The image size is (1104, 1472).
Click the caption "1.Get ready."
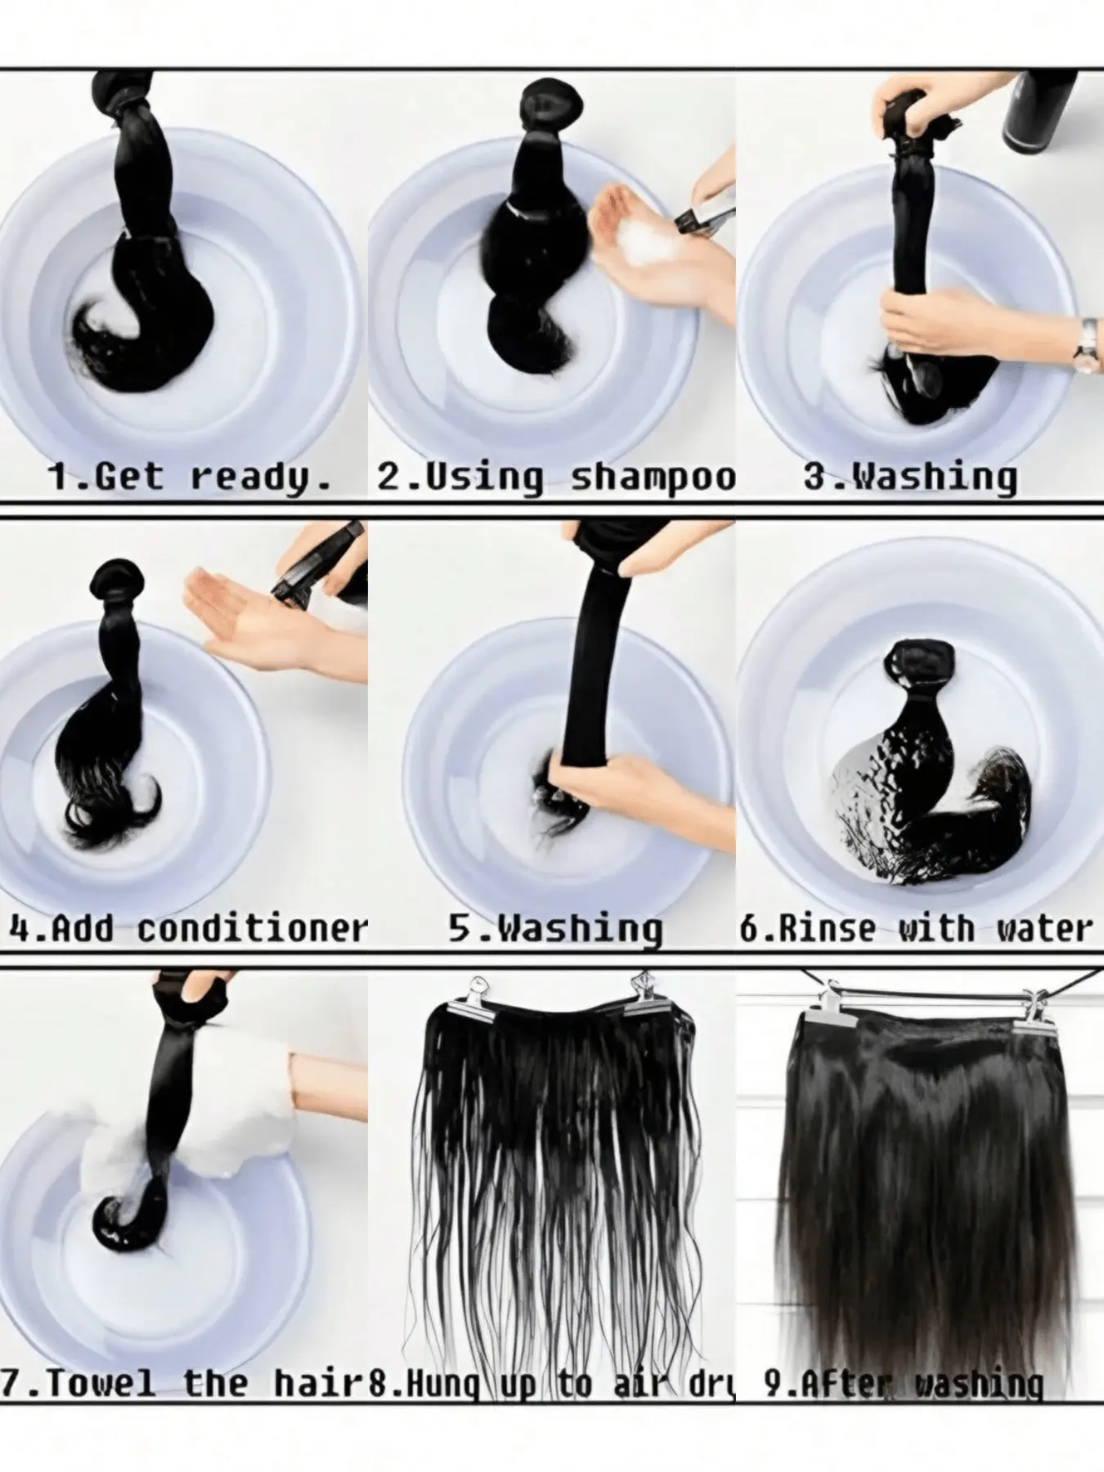(x=190, y=476)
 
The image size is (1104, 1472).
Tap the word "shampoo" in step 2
(x=652, y=478)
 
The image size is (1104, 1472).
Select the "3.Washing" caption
(x=910, y=477)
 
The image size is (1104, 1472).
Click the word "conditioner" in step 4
(x=253, y=930)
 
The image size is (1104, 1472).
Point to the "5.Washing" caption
(x=555, y=930)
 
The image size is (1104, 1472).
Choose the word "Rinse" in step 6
(x=827, y=930)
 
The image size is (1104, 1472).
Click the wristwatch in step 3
(x=1085, y=345)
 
